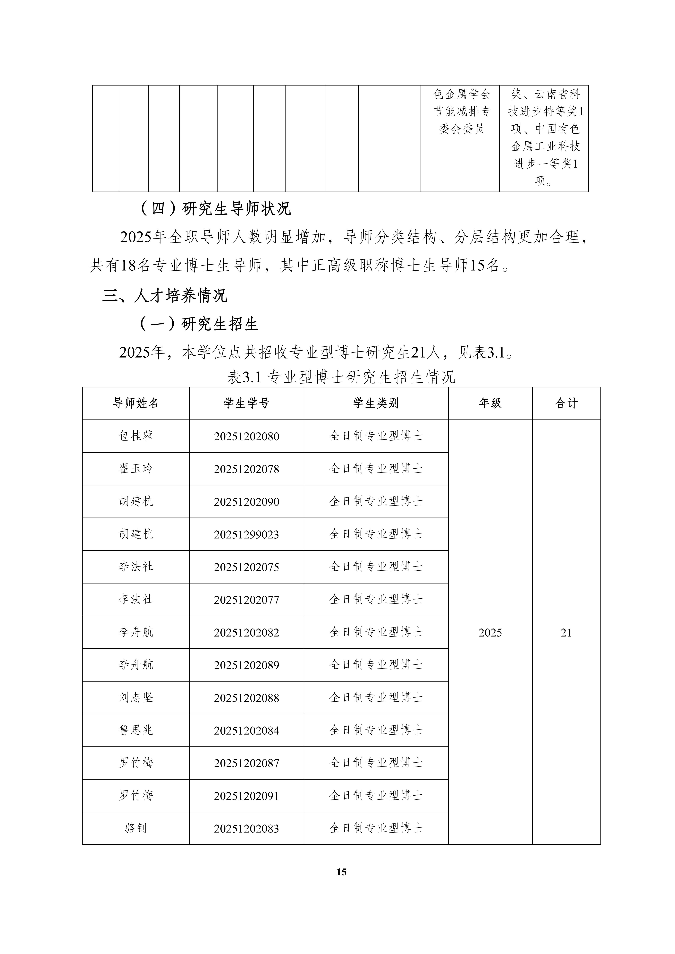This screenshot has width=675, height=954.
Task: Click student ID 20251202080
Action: pyautogui.click(x=247, y=436)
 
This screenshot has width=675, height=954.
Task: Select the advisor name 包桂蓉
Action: pyautogui.click(x=136, y=436)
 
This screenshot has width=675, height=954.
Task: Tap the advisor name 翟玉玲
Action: pyautogui.click(x=136, y=469)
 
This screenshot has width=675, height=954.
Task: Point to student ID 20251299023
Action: pyautogui.click(x=247, y=534)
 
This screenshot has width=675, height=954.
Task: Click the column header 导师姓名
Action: pyautogui.click(x=136, y=403)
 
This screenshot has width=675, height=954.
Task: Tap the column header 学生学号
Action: pyautogui.click(x=247, y=403)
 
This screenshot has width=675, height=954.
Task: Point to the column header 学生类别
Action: pyautogui.click(x=376, y=403)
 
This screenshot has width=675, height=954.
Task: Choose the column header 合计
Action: pyautogui.click(x=566, y=403)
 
